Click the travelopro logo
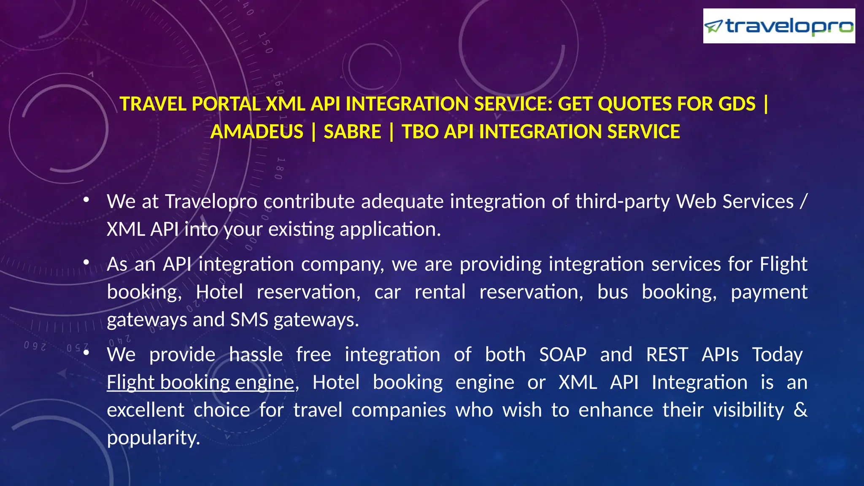[x=779, y=26]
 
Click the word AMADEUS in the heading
[x=256, y=132]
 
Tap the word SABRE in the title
[x=352, y=132]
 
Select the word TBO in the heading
[x=420, y=132]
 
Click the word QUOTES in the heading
[x=634, y=104]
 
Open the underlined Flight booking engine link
[x=200, y=382]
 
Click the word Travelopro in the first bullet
[x=211, y=202]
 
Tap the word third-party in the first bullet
[x=622, y=202]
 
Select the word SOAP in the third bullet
[x=563, y=354]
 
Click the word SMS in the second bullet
[x=249, y=320]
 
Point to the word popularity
[x=153, y=438]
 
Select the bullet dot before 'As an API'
[x=86, y=262]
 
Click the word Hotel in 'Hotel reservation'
[x=219, y=292]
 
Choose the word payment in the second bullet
[x=769, y=292]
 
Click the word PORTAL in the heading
[x=226, y=104]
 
